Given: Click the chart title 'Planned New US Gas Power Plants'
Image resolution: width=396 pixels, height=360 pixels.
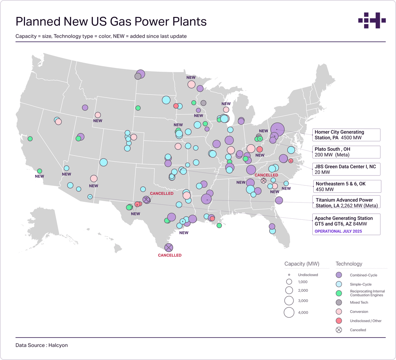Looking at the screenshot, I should coord(111,22).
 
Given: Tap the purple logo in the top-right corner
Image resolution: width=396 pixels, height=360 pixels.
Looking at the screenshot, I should coord(372,20).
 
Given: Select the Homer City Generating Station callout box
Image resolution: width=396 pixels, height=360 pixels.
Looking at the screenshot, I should coord(346,135).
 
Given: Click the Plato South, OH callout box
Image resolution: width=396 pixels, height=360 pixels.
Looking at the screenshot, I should coord(346,152).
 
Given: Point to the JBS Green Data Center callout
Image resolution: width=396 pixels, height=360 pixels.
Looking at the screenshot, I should coord(346,169).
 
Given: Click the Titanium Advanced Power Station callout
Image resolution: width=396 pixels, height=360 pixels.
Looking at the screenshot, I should coord(346,203).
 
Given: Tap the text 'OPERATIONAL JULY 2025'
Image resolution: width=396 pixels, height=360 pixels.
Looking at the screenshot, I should coord(338,231).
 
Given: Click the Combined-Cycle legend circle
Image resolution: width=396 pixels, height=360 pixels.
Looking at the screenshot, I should coord(339,275).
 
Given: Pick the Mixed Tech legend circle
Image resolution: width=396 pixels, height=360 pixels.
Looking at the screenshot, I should coord(339,302).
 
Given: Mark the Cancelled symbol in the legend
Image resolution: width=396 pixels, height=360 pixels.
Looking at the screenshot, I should coord(339,330).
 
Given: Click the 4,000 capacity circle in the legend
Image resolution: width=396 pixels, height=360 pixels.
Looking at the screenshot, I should coord(289,312).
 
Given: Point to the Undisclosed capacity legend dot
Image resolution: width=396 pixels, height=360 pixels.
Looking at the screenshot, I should coord(289,275).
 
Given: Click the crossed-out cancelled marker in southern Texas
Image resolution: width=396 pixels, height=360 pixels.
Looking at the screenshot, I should coord(169,247).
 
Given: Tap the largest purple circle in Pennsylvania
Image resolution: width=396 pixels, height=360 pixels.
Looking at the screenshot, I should coord(277,129).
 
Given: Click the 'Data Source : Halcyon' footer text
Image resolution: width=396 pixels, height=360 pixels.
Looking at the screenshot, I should coord(41,345).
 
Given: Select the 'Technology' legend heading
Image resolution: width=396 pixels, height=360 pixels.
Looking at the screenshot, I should coord(349,264).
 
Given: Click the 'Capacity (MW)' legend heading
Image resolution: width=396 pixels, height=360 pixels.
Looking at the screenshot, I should coord(302,264).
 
